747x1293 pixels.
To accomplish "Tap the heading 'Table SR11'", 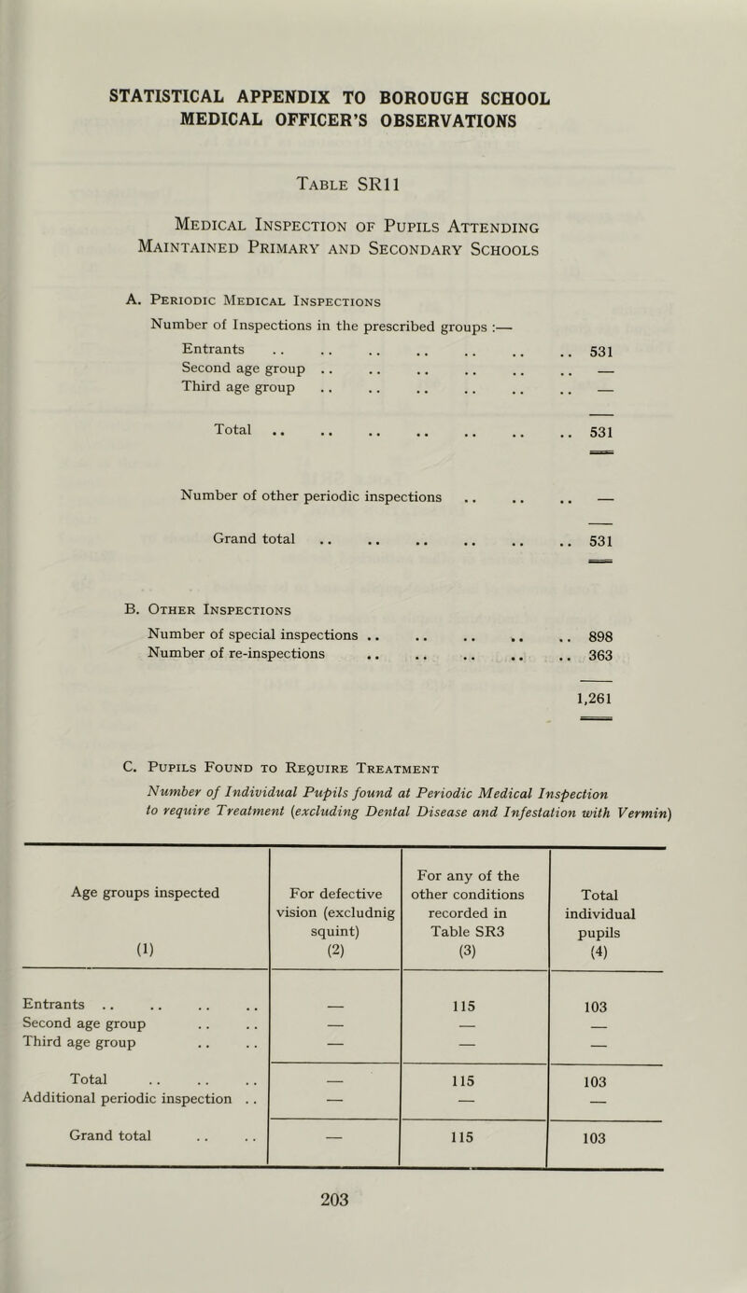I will click(x=373, y=187).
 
